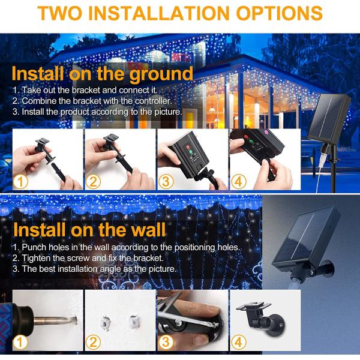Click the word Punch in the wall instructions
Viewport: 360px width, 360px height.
[x=36, y=247]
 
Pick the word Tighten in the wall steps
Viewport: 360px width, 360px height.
[x=37, y=258]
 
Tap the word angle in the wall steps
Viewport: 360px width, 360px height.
[x=120, y=269]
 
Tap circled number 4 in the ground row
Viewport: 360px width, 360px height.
[x=239, y=181]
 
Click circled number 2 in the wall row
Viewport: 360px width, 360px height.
[x=94, y=343]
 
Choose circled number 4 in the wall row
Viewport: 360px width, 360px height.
[x=239, y=343]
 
